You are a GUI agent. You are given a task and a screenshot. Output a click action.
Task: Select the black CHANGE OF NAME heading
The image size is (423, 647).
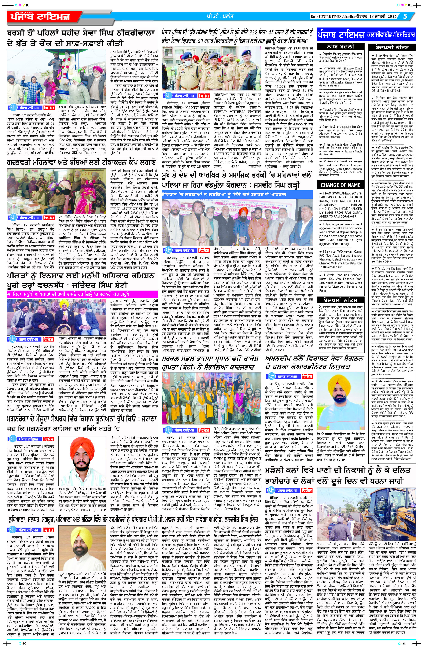pyautogui.click(x=340, y=185)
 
